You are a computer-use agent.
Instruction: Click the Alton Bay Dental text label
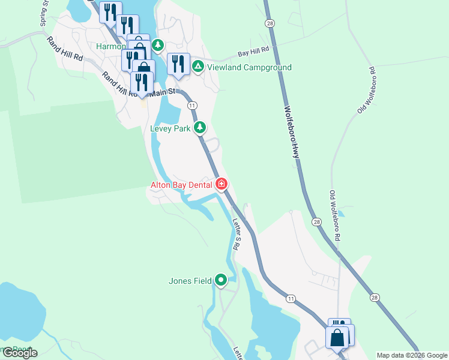pos(181,185)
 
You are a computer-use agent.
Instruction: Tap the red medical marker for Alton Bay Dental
pos(221,184)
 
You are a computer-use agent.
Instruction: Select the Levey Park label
pos(170,128)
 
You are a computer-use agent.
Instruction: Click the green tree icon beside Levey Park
pos(200,128)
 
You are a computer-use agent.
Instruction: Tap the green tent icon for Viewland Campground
pos(199,67)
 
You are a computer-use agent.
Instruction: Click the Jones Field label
pos(191,280)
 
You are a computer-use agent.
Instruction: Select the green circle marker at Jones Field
pos(221,280)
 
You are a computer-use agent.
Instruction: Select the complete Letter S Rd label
pos(236,235)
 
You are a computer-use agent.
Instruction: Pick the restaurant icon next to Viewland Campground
pos(178,63)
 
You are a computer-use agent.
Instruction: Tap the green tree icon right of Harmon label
pos(158,45)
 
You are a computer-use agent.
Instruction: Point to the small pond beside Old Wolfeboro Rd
pos(340,213)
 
